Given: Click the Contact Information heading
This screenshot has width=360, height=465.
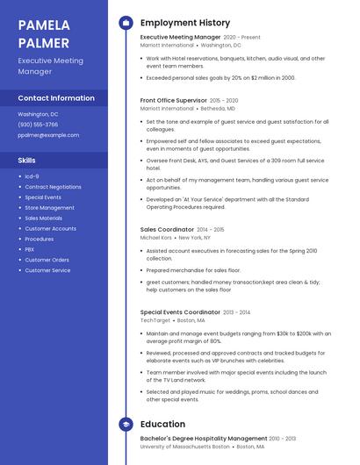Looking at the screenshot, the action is [x=56, y=97].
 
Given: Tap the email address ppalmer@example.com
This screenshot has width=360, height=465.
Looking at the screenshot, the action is [x=48, y=135].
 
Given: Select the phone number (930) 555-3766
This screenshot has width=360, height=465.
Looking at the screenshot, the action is [x=38, y=125].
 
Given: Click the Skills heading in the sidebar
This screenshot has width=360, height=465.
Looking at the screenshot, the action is [x=27, y=160].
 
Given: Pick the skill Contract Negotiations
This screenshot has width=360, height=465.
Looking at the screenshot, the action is [x=53, y=187].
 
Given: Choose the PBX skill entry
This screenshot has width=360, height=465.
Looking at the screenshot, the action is [x=30, y=249].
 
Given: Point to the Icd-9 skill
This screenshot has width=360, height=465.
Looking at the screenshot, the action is [x=32, y=176].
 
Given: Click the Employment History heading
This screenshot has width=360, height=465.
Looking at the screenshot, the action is [x=185, y=23].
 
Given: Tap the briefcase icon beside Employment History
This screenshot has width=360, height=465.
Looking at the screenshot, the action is [x=126, y=23].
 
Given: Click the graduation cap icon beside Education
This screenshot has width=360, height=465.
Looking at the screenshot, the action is [x=126, y=425].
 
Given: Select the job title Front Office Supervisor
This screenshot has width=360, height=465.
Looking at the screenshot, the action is [x=174, y=101].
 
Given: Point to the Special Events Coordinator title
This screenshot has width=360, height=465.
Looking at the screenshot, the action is [x=180, y=312].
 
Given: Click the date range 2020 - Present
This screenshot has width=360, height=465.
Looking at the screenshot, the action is [x=241, y=38].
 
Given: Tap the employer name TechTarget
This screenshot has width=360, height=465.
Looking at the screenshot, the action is [x=155, y=320].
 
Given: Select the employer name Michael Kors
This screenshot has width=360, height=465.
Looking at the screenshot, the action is [x=156, y=237].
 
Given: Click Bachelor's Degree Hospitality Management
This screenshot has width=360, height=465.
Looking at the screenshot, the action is [x=204, y=439].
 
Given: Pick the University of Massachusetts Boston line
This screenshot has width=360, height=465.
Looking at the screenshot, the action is [x=184, y=447].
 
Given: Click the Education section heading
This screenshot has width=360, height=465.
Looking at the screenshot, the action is [x=162, y=425].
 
